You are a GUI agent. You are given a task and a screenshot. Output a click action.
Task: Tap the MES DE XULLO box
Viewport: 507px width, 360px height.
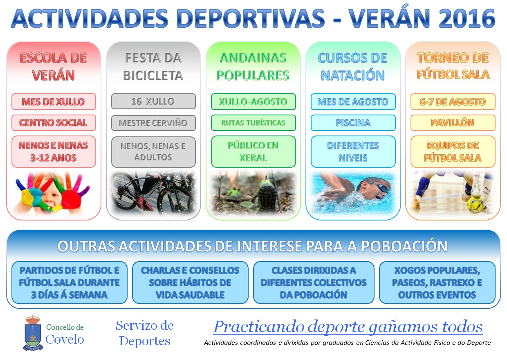pyautogui.click(x=54, y=102)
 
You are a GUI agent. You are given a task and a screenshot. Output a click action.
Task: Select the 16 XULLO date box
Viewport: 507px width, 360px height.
pyautogui.click(x=153, y=101)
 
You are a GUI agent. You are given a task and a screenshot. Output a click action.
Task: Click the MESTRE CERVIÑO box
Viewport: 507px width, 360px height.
pyautogui.click(x=153, y=123)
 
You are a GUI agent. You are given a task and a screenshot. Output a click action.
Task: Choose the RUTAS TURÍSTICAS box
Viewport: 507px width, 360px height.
pyautogui.click(x=253, y=123)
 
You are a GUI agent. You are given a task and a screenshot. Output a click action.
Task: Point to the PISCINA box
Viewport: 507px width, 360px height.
pyautogui.click(x=353, y=123)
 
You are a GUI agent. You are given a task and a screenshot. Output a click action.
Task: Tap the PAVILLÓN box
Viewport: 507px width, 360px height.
pyautogui.click(x=453, y=123)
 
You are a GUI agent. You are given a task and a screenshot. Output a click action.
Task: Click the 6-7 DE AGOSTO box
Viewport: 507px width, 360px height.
pyautogui.click(x=453, y=102)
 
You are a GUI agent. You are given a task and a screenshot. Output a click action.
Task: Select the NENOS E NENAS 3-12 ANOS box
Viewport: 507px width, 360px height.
pyautogui.click(x=54, y=151)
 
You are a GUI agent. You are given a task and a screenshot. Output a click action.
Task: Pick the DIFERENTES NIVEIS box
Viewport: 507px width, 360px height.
pyautogui.click(x=353, y=151)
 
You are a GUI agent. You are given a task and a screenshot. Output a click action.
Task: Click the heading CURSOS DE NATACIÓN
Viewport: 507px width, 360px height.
pyautogui.click(x=352, y=67)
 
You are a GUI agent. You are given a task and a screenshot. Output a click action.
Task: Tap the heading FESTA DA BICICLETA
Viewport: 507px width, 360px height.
pyautogui.click(x=153, y=67)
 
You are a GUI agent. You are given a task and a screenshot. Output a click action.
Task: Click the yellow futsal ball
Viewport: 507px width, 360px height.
pyautogui.click(x=475, y=205)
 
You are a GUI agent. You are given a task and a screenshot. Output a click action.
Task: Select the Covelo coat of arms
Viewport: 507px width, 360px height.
pyautogui.click(x=33, y=333)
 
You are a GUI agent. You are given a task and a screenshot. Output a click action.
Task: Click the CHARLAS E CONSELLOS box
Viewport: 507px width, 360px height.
pyautogui.click(x=190, y=283)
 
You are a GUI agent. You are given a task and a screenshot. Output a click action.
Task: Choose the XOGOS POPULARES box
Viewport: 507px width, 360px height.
pyautogui.click(x=437, y=283)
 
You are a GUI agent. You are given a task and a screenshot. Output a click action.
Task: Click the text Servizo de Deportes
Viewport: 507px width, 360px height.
pyautogui.click(x=145, y=333)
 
